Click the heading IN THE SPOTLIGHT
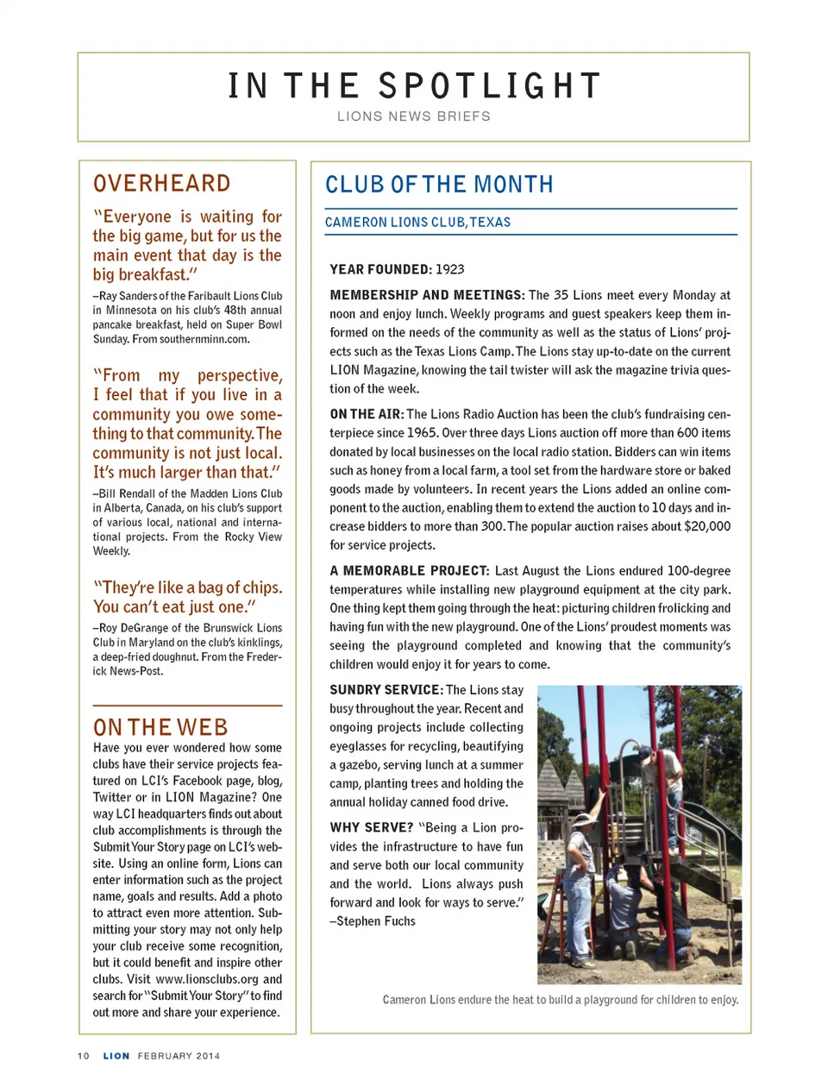point(414,86)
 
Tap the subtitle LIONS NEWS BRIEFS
point(414,116)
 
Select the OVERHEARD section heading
point(162,184)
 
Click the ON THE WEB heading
point(160,727)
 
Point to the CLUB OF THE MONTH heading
point(439,185)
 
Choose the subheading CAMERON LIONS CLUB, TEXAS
point(417,223)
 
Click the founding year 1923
point(449,269)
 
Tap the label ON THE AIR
point(367,414)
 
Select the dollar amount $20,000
point(706,526)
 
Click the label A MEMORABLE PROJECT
point(409,571)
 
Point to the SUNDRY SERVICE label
point(386,690)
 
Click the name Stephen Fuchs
point(376,921)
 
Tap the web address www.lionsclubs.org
point(207,979)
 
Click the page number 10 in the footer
point(84,1056)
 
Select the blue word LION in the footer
point(116,1056)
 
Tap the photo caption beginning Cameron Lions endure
point(561,1000)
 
